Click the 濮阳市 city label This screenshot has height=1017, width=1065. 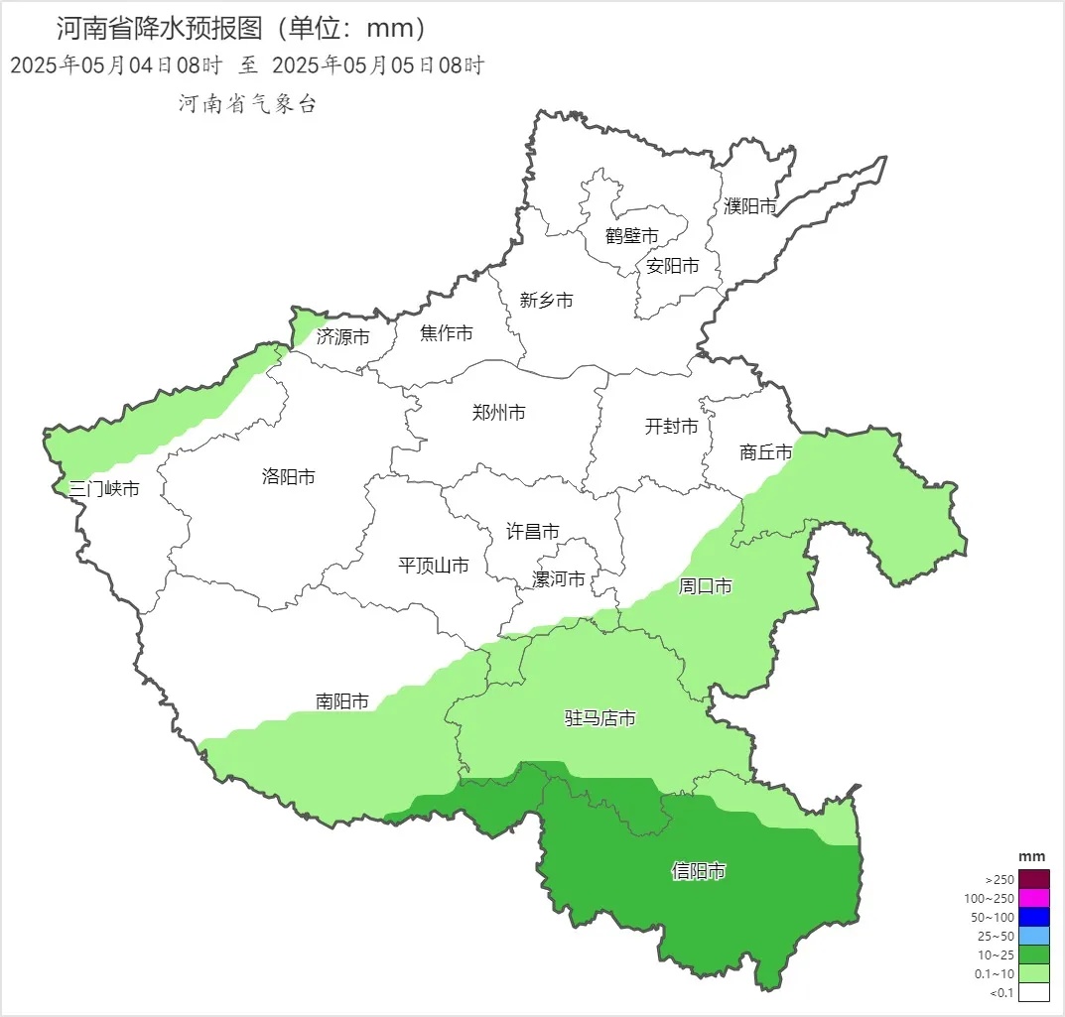[x=749, y=206]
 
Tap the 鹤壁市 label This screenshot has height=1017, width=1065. [x=632, y=236]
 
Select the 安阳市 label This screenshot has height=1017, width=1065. [x=672, y=266]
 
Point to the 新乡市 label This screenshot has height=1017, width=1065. [x=546, y=300]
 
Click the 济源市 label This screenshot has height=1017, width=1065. [x=343, y=337]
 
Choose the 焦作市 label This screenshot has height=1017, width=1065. [x=447, y=333]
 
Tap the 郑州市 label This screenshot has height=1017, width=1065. [x=499, y=413]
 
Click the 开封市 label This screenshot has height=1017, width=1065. [x=672, y=427]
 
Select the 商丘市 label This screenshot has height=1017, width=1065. [x=766, y=452]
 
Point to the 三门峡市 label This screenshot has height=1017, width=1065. [x=104, y=489]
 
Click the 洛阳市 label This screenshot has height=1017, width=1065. [x=289, y=477]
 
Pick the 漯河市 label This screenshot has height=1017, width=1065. [x=559, y=579]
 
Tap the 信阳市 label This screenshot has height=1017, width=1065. [x=699, y=872]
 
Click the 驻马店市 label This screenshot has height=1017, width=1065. [x=599, y=718]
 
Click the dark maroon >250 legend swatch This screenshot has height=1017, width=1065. [x=1034, y=879]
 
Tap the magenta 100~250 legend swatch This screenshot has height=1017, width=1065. [x=1034, y=898]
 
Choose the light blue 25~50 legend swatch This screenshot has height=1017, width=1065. [x=1034, y=936]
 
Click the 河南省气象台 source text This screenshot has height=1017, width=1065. [x=247, y=104]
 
